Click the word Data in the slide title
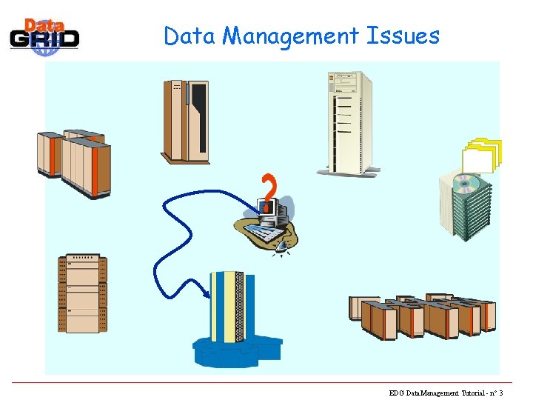point(190,36)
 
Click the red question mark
point(269,187)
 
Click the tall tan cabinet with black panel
point(185,120)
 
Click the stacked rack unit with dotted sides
point(82,294)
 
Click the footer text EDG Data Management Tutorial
point(438,393)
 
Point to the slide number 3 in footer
point(501,393)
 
